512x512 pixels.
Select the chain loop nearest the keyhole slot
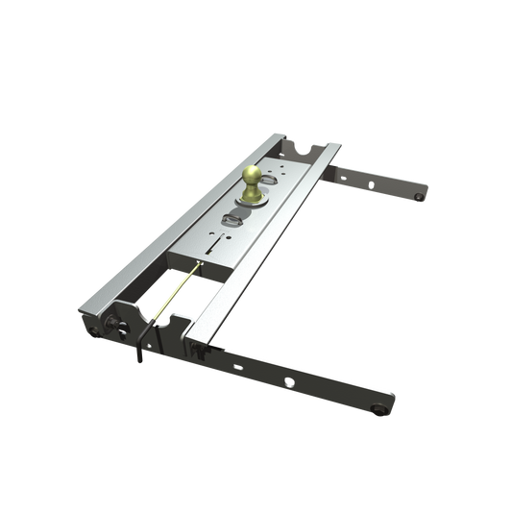point(237,216)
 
